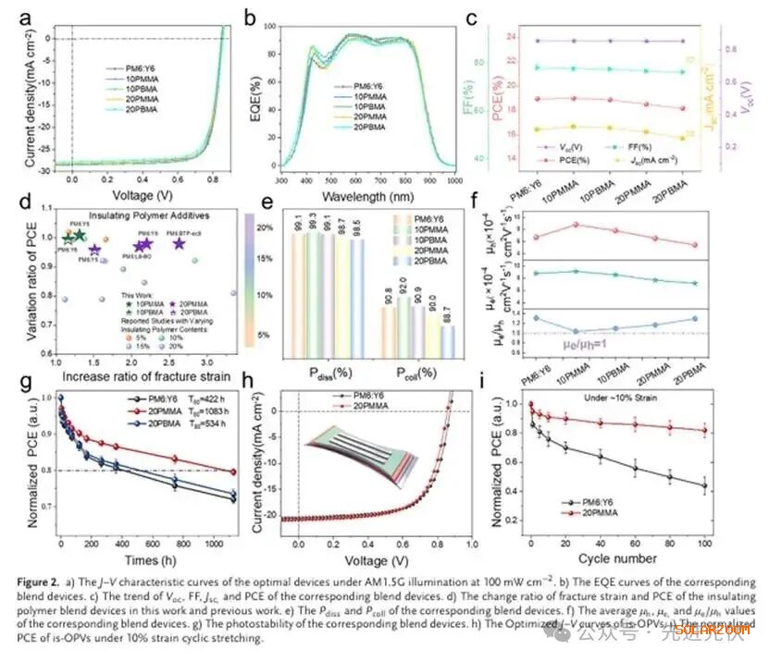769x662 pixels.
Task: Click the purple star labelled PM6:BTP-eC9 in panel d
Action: [179, 244]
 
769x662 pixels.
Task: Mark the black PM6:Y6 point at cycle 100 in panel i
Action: [731, 485]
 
